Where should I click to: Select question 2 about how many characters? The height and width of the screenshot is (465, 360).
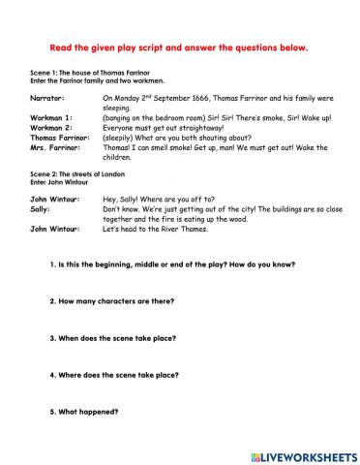point(108,300)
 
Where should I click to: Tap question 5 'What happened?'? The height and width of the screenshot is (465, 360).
point(85,411)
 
